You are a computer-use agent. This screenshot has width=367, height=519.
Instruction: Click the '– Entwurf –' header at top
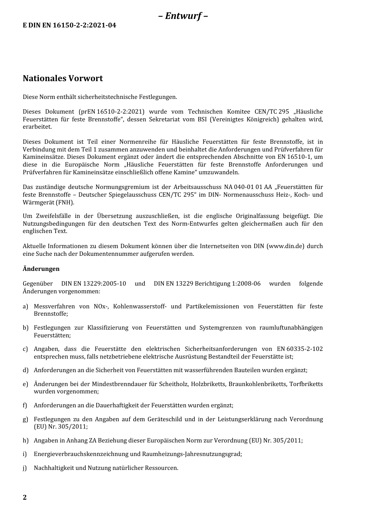click(x=183, y=16)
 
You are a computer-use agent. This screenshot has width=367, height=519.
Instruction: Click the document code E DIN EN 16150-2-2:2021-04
click(x=70, y=26)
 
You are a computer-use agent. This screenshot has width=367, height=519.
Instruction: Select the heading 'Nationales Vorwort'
click(x=63, y=78)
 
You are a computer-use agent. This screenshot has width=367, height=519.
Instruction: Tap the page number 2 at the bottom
click(x=25, y=497)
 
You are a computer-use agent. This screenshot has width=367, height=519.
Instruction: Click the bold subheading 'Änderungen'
click(x=41, y=269)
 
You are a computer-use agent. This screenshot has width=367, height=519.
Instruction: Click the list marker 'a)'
click(x=25, y=306)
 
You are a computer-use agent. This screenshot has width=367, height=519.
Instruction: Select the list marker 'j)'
click(x=25, y=468)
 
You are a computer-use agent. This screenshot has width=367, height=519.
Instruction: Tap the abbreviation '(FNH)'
click(x=65, y=202)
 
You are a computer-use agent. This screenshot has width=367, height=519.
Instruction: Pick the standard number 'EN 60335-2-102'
click(x=300, y=349)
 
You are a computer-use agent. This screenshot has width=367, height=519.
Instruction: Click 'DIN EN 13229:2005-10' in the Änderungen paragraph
click(x=93, y=284)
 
